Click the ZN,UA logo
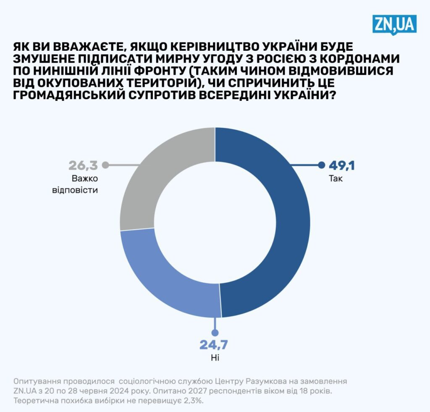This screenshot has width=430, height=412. pos(394,24)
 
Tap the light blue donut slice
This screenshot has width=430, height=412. pos(168,277)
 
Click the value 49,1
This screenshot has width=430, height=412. pos(342,165)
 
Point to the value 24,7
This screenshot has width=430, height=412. pos(213,345)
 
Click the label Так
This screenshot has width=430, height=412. pos(336,179)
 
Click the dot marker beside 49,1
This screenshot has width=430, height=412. pos(322,165)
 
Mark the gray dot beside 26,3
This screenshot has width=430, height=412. pos(105,165)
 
